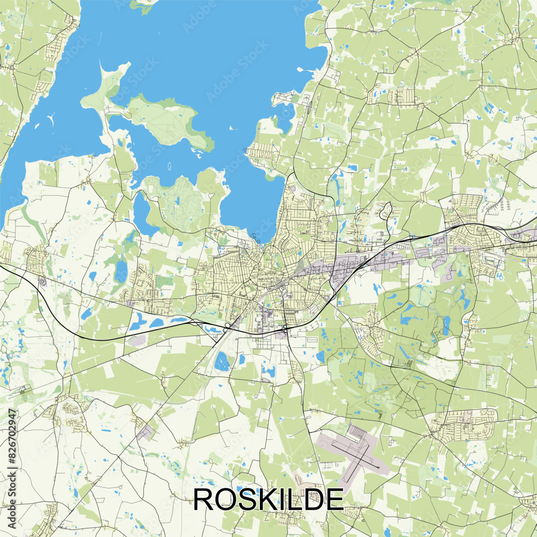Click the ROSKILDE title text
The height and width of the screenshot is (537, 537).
pos(268,499)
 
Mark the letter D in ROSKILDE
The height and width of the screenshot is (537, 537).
pos(314,499)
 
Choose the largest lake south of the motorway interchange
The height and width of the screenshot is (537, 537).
pos(221,362)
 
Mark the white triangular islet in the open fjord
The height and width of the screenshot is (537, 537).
pos(233,128)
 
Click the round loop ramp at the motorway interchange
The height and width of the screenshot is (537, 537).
pos(228,325)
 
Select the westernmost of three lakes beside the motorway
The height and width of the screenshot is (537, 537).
pos(137,323)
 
